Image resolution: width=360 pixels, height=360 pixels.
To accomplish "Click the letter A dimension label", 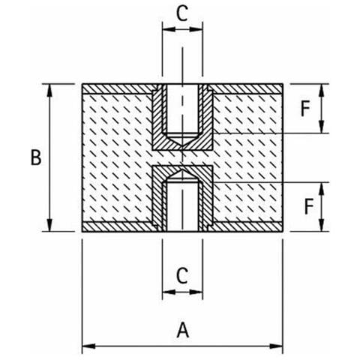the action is [x=183, y=330].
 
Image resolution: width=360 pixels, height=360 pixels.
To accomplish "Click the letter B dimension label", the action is [x=36, y=157].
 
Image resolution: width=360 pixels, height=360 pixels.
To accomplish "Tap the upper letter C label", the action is [x=182, y=13].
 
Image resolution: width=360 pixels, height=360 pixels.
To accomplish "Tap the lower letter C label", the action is [x=182, y=276].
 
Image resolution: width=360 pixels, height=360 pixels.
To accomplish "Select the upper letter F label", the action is [x=305, y=109].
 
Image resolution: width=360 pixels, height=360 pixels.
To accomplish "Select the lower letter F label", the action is [x=309, y=206].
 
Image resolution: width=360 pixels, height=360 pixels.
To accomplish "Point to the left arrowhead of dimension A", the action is [x=88, y=346].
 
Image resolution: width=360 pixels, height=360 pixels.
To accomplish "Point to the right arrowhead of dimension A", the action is [x=276, y=346].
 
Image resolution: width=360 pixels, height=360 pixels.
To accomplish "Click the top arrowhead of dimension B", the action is [x=50, y=91].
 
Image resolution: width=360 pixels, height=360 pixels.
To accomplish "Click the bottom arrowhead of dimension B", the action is [x=50, y=225].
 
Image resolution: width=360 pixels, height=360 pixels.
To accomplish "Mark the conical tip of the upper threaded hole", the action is [x=183, y=145].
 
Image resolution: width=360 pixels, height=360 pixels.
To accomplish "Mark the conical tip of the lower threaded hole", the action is [x=183, y=170].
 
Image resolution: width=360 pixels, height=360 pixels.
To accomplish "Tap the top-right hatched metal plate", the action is [x=245, y=89].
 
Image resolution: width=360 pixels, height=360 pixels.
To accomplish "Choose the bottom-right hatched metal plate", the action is [x=245, y=226].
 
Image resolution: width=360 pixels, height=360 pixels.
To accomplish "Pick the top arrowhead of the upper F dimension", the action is [x=322, y=91].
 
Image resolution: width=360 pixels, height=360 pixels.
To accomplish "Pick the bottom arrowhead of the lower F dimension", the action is [x=322, y=225].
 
